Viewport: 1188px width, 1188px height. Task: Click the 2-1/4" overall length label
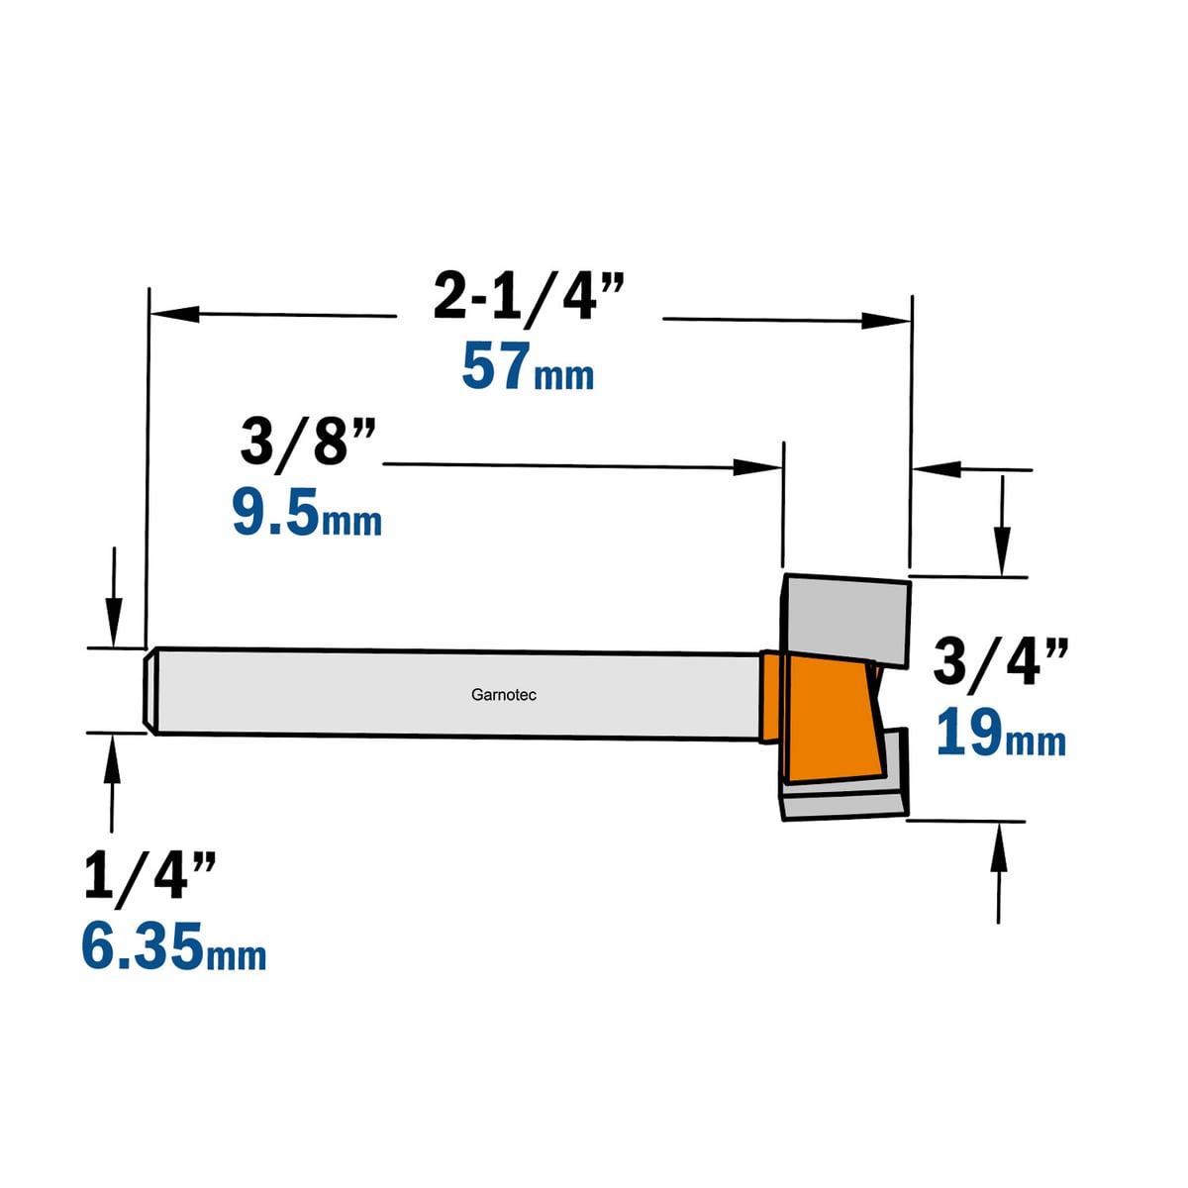point(529,297)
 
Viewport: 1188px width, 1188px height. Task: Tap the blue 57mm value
point(528,367)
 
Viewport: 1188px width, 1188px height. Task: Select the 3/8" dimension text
point(308,442)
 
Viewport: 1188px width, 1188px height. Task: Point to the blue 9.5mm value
point(307,511)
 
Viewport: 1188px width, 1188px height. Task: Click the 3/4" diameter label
point(1001,662)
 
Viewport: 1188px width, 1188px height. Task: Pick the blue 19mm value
point(1001,733)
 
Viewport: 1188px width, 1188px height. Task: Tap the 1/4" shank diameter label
point(149,877)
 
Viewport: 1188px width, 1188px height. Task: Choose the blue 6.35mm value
point(174,945)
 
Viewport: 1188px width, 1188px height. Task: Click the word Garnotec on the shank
point(504,695)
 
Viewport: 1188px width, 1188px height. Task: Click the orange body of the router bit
point(826,715)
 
